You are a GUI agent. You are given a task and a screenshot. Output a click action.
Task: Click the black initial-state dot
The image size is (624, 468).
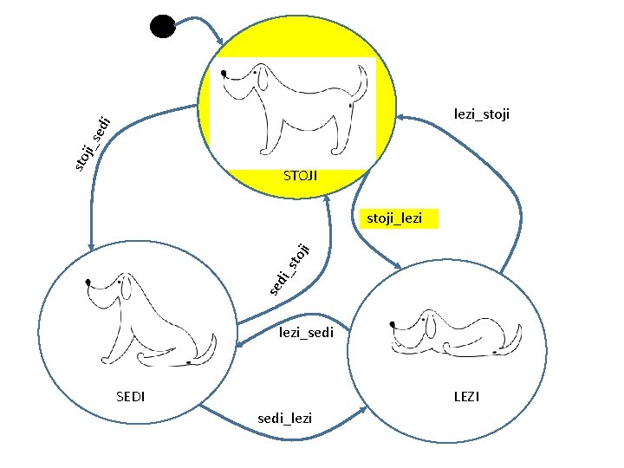pyautogui.click(x=162, y=26)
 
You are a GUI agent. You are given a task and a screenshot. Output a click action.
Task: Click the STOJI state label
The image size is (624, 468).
pyautogui.click(x=300, y=176)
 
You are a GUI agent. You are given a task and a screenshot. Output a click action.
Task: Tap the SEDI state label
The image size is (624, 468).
pyautogui.click(x=130, y=397)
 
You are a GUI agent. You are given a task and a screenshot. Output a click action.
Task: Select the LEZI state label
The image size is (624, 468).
pyautogui.click(x=466, y=397)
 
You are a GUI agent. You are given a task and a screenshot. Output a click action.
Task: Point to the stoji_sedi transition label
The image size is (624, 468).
pyautogui.click(x=91, y=141)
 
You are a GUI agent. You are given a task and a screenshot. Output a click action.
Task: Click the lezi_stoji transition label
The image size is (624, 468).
pyautogui.click(x=482, y=114)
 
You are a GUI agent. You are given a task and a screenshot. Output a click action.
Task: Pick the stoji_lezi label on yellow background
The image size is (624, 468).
pyautogui.click(x=395, y=218)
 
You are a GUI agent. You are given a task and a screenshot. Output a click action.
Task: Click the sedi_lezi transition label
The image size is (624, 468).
pyautogui.click(x=285, y=419)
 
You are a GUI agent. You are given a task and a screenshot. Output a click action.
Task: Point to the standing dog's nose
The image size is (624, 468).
pyautogui.click(x=224, y=73)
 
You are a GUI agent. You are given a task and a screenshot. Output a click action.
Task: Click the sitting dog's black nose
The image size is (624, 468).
pyautogui.click(x=89, y=283)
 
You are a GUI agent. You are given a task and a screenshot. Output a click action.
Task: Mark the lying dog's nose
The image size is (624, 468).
pyautogui.click(x=393, y=323)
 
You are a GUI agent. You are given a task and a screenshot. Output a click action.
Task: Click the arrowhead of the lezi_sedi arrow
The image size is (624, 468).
pyautogui.click(x=238, y=347)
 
